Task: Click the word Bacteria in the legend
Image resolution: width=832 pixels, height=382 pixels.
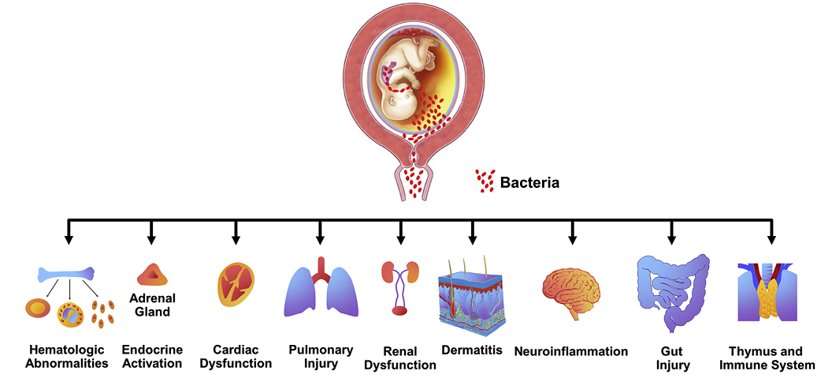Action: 529,183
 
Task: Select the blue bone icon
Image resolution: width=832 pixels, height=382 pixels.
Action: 70,275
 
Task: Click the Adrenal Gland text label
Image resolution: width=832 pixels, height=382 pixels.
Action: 151,305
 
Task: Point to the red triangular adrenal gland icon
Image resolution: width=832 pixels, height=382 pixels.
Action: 151,274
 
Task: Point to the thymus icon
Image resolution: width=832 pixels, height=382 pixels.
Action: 767,293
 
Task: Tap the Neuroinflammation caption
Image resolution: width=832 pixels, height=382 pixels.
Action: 571,351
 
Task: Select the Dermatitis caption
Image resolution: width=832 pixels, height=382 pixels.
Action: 472,350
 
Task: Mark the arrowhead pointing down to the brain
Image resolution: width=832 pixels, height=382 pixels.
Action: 572,238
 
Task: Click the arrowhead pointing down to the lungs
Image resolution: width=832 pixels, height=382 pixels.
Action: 321,238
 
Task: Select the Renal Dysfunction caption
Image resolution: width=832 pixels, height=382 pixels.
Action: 399,358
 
